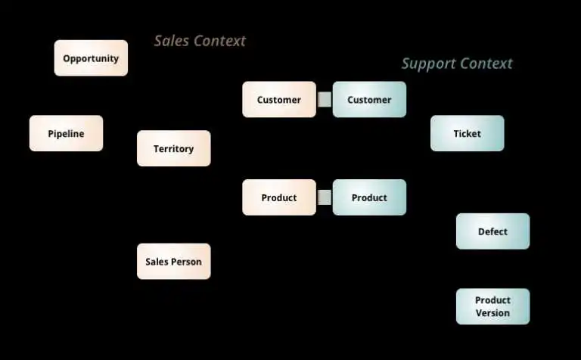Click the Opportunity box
tap(91, 58)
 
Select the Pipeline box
tap(66, 134)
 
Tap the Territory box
tap(173, 149)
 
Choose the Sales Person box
tap(173, 262)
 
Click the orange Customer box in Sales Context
tap(278, 100)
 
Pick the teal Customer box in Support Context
tap(369, 100)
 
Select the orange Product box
tap(278, 197)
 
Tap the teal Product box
tap(369, 197)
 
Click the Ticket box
tap(467, 134)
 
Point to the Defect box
tap(492, 231)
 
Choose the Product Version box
tap(492, 306)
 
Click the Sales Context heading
tap(200, 41)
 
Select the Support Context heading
tap(456, 64)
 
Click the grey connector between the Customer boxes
tap(325, 100)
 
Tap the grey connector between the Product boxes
tap(325, 197)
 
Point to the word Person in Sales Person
tap(186, 262)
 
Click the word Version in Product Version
tap(492, 313)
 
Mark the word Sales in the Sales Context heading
tap(171, 41)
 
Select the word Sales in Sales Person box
tap(157, 262)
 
